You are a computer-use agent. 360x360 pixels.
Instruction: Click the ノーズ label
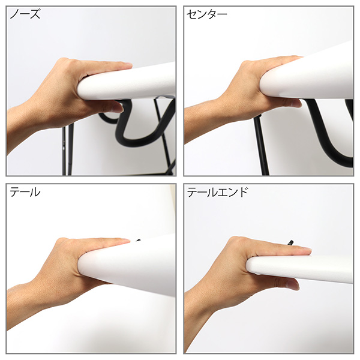click(25, 14)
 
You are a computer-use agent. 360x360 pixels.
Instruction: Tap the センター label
click(206, 14)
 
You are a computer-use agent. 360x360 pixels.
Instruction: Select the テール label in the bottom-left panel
click(25, 192)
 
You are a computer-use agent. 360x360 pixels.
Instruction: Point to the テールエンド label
click(217, 192)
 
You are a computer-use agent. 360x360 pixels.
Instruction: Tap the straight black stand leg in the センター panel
click(262, 147)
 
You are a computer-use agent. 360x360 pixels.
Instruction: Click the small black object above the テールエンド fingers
click(290, 242)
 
